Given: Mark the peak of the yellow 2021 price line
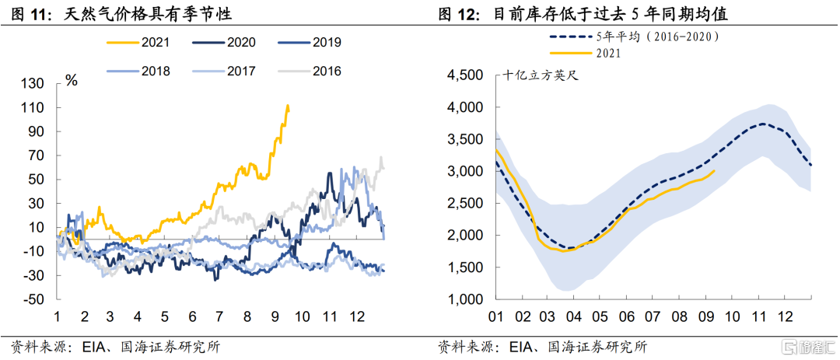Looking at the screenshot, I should tap(289, 106).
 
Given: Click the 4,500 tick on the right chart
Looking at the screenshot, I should tap(465, 75).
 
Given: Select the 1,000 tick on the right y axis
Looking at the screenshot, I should tap(465, 299).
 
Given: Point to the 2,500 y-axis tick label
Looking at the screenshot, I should tap(465, 203).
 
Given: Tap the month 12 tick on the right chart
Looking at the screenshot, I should tap(785, 316).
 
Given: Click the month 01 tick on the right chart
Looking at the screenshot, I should tap(496, 316).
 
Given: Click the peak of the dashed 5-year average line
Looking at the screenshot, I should tap(763, 124).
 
